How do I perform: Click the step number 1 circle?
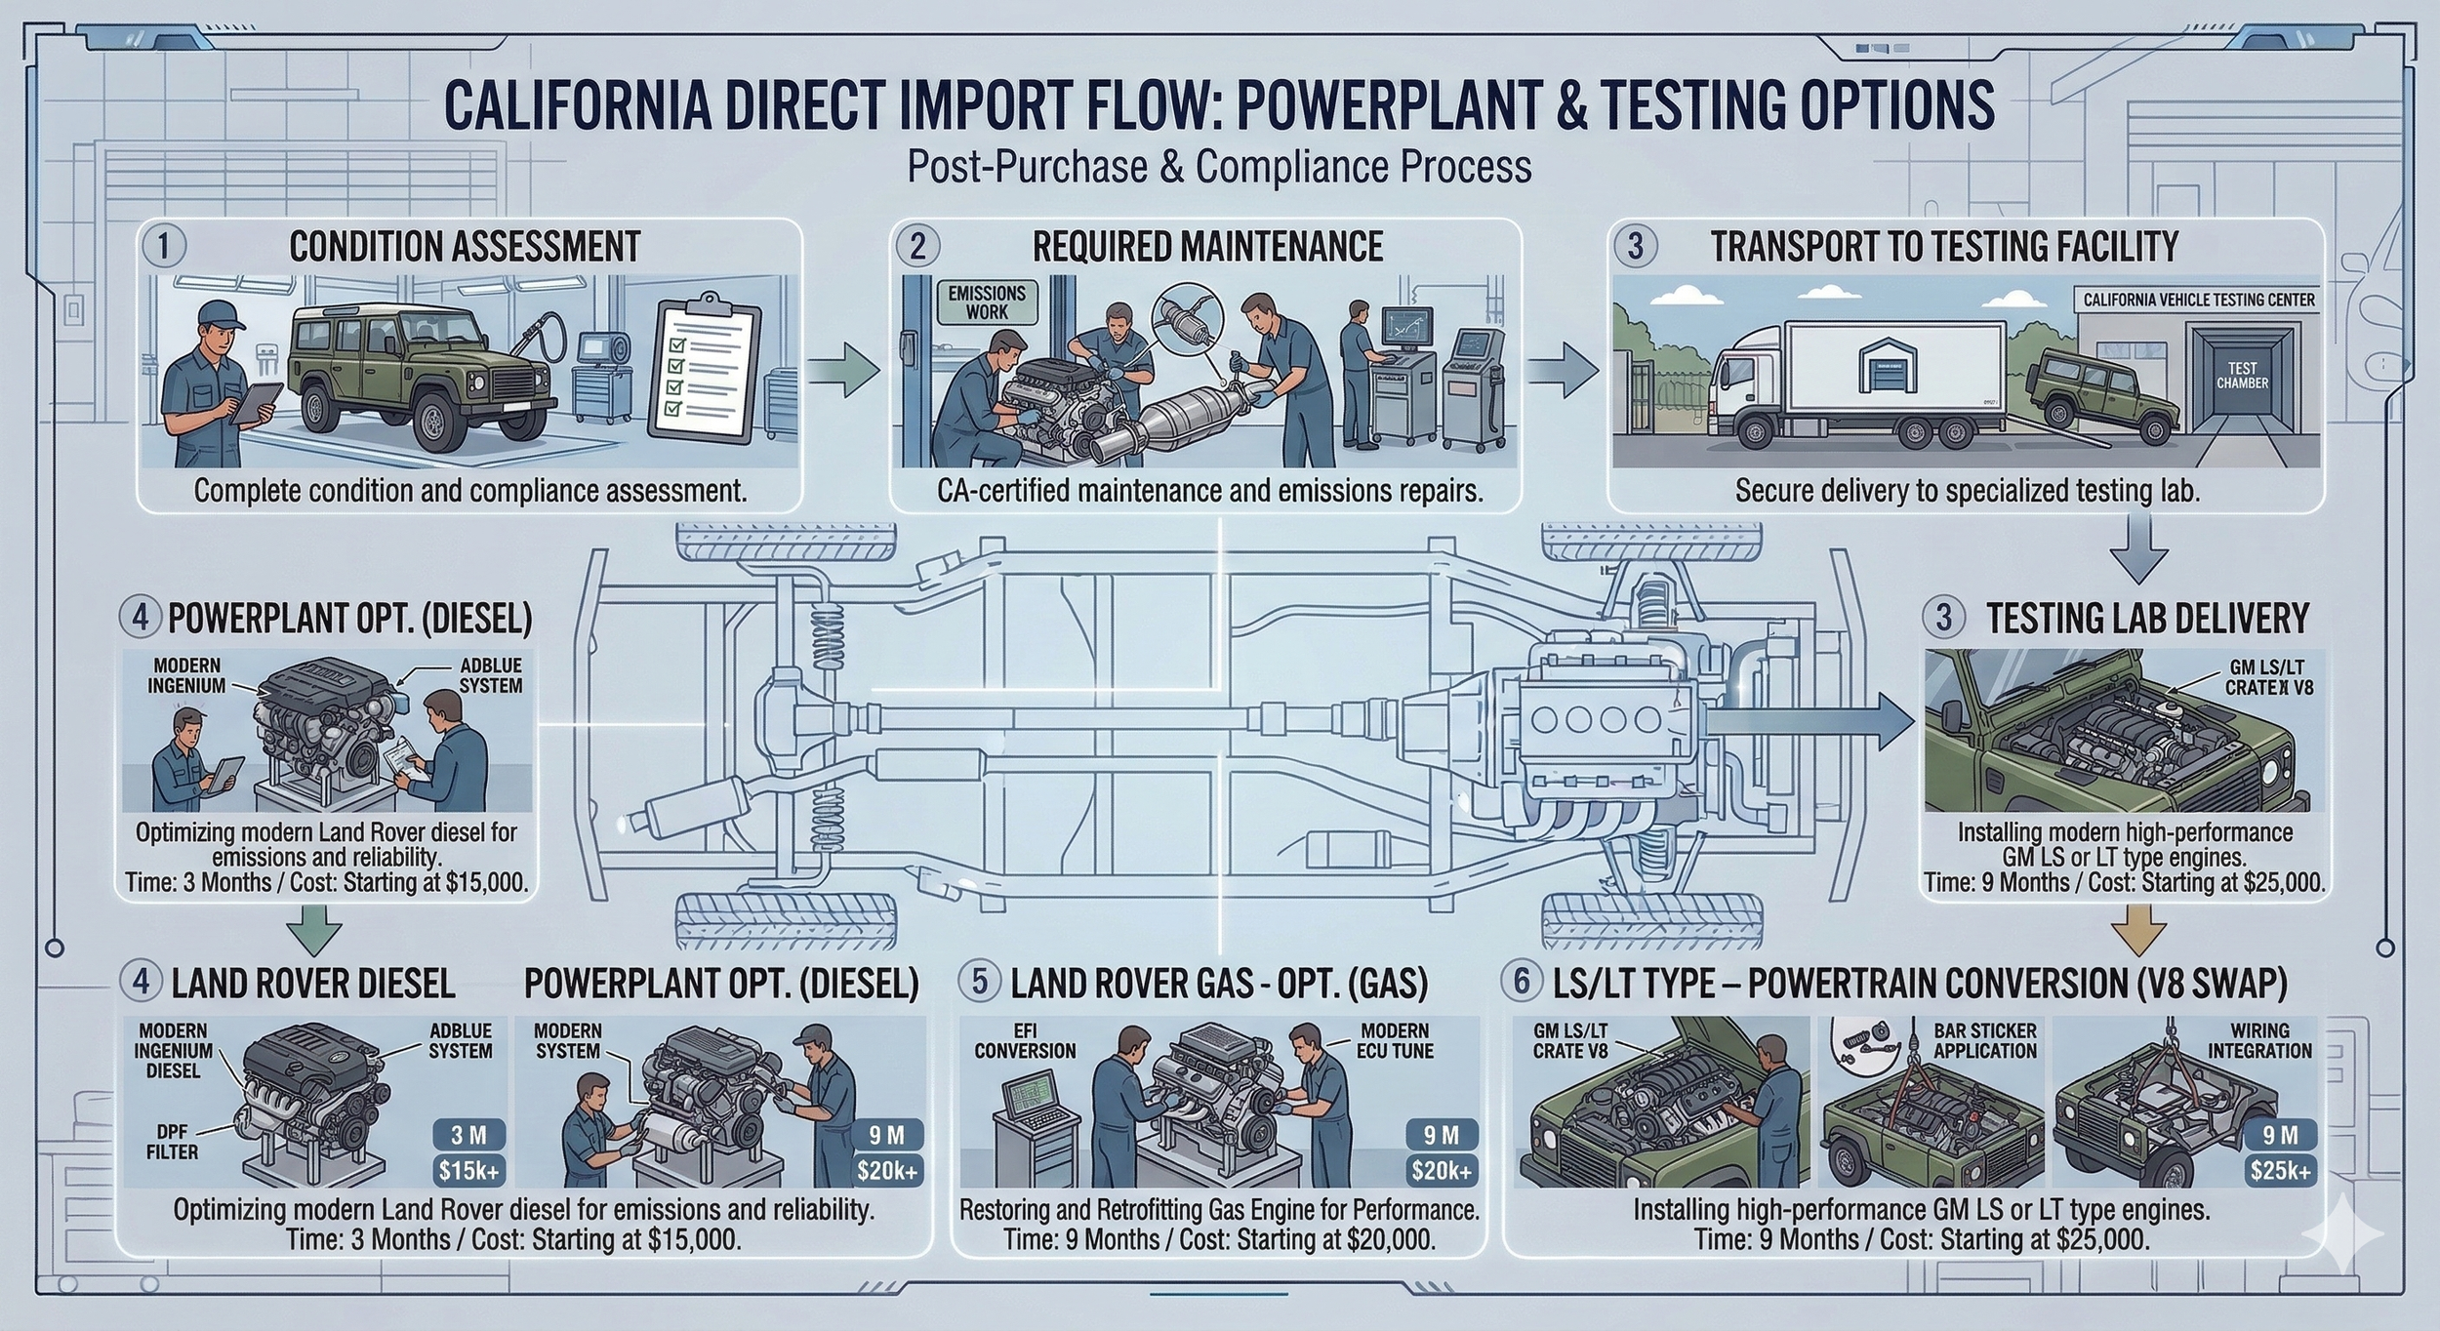164,246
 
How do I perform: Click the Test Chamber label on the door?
2242,376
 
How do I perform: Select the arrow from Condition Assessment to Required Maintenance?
844,375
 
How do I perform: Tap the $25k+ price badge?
2280,1170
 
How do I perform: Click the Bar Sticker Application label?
1984,1040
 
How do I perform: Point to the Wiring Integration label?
2259,1040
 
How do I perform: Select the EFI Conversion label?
1025,1040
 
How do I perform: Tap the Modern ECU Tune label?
1395,1040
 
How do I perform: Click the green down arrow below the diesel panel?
318,928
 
